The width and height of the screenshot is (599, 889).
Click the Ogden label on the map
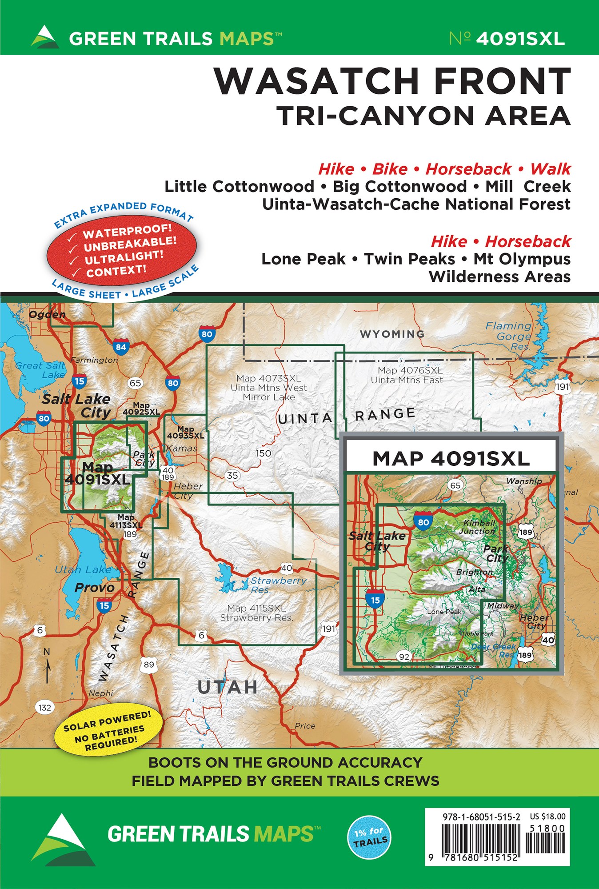[47, 315]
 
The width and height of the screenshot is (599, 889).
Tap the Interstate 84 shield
[120, 347]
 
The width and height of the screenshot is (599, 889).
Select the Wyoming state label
[392, 334]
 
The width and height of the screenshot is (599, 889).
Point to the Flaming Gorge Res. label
[509, 336]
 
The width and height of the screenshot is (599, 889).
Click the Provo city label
[94, 588]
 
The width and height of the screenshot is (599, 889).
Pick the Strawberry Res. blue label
[278, 585]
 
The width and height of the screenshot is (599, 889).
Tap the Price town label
[305, 725]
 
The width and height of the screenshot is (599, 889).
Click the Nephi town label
[101, 693]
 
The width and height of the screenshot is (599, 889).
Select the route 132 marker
[45, 707]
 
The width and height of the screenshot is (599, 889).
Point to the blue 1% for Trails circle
[369, 837]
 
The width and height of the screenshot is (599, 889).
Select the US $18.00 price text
[547, 817]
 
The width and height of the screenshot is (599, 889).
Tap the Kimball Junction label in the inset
[478, 527]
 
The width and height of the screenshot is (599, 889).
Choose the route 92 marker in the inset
[404, 656]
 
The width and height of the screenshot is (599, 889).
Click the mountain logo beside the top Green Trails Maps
[45, 37]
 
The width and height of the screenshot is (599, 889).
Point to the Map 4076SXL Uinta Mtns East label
[407, 375]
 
